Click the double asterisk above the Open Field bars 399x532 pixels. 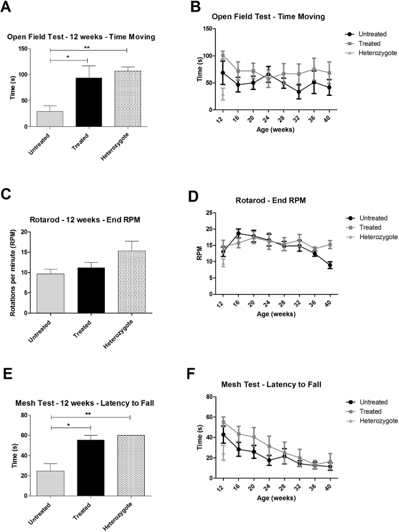point(89,46)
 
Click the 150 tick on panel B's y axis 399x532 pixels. point(208,29)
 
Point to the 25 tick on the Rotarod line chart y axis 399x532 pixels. point(210,212)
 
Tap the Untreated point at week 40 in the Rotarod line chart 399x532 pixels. point(330,265)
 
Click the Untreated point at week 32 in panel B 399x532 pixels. point(297,92)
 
